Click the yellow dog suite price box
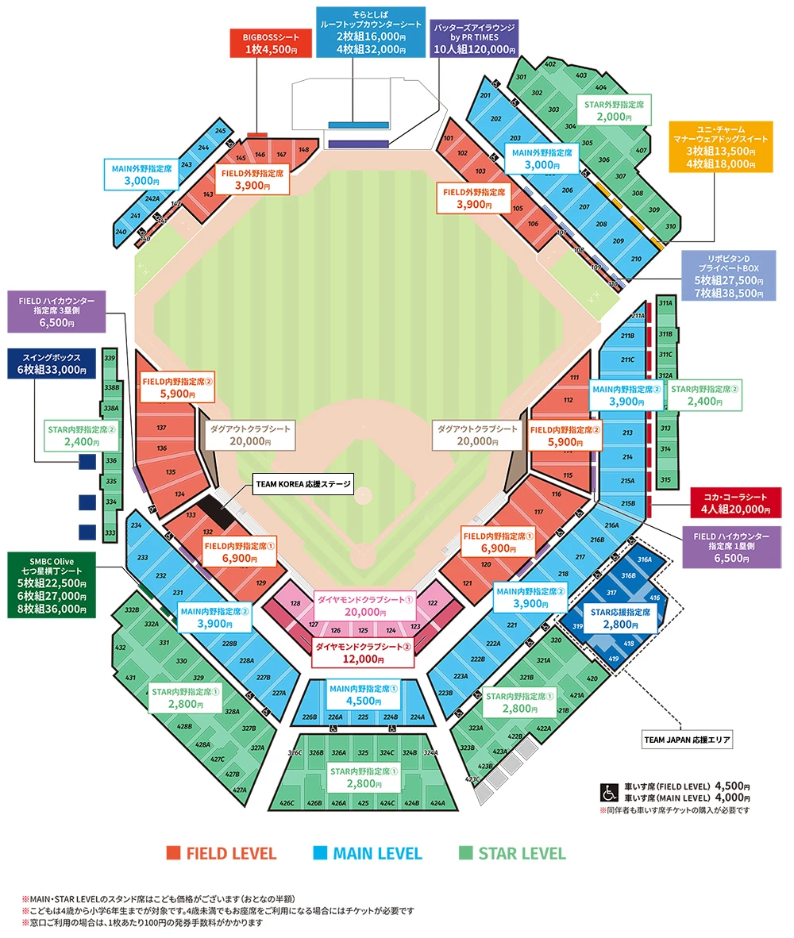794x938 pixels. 720,147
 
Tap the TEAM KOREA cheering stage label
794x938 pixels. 301,483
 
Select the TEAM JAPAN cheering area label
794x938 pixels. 687,740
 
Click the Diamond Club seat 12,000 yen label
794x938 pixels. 363,653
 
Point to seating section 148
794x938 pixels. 303,150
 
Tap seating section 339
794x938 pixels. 109,358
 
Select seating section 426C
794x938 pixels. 287,803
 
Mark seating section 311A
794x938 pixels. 665,304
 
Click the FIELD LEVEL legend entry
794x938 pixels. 222,854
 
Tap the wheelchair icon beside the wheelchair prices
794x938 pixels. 609,792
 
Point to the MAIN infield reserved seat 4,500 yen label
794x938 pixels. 363,696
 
